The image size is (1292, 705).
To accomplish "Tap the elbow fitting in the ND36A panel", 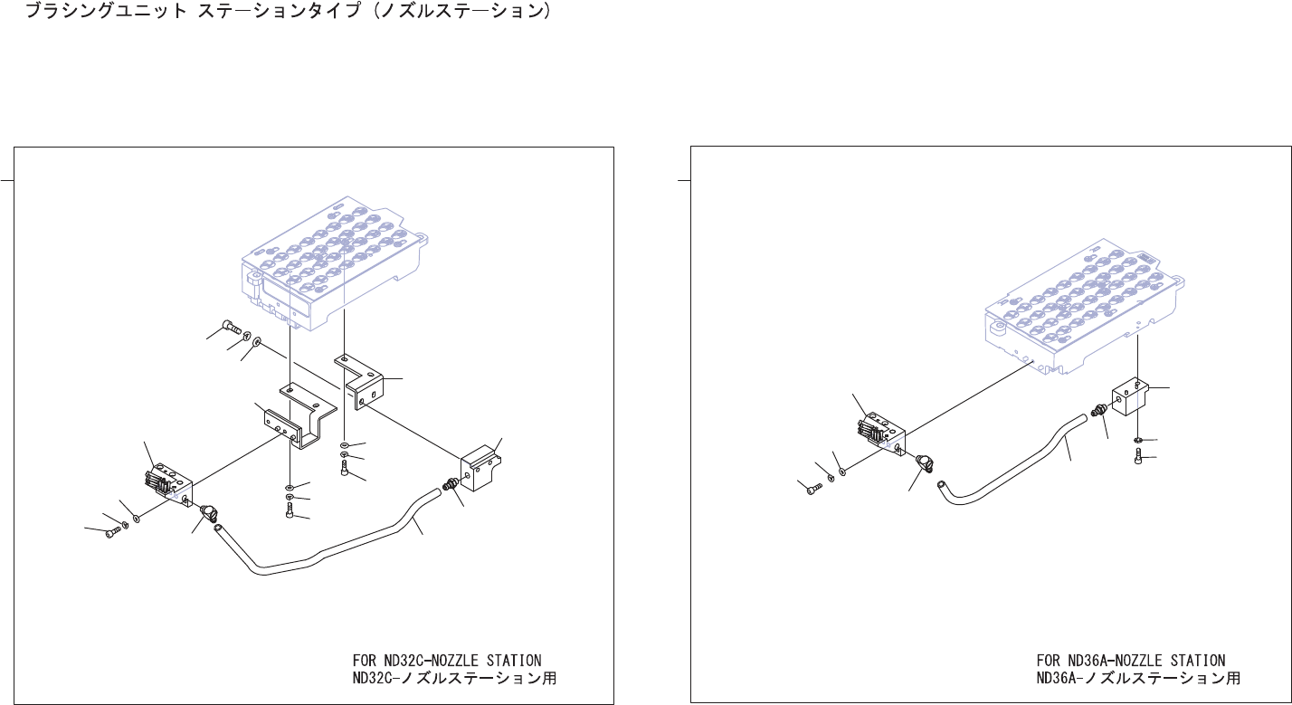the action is (924, 463).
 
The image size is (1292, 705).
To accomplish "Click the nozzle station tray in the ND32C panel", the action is (335, 253).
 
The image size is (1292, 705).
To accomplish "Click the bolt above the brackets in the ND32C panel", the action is (227, 326).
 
